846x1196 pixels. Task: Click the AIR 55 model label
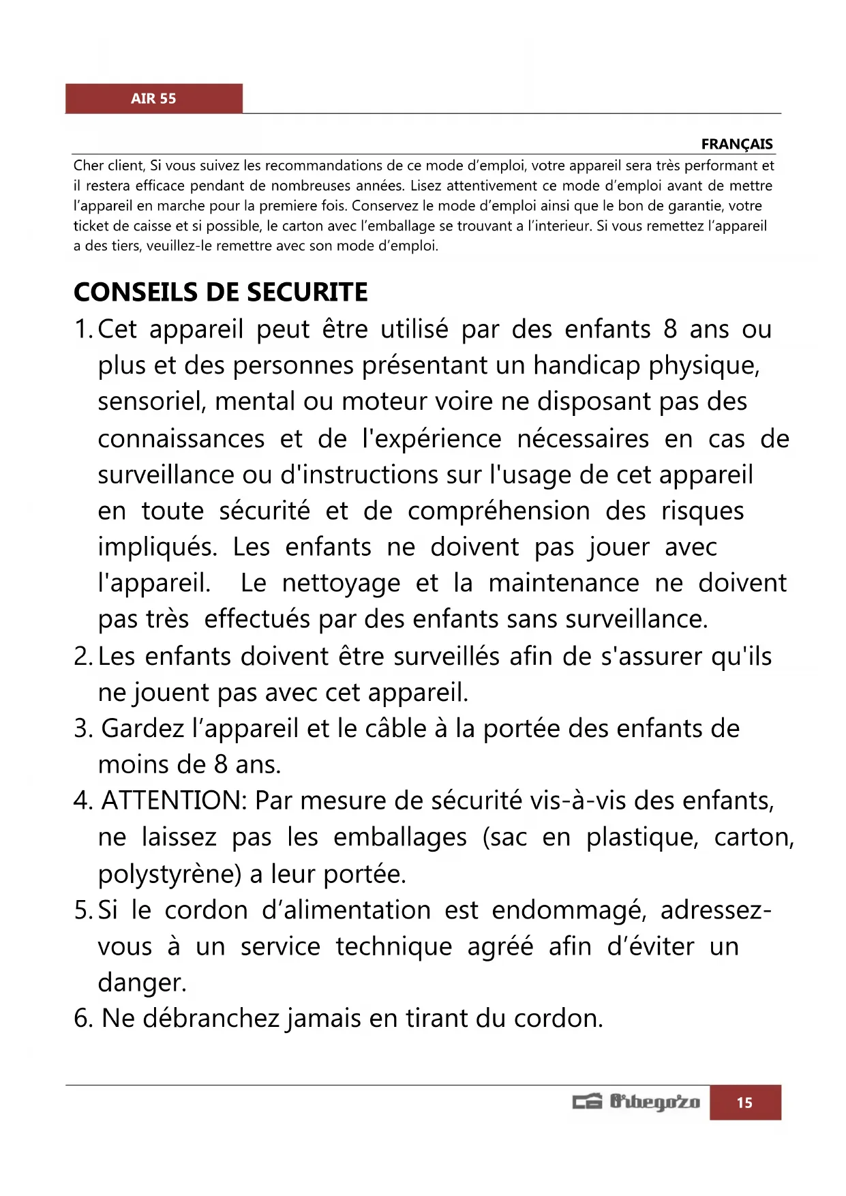pos(153,99)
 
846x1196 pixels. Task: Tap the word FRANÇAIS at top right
pos(736,145)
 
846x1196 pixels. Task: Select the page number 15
pos(744,1103)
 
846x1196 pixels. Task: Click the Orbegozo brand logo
pos(637,1102)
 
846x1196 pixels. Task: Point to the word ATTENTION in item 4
pos(174,801)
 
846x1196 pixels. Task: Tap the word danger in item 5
pos(142,983)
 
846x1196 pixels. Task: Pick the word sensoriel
pos(151,402)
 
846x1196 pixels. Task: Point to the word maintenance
pos(564,584)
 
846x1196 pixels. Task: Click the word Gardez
pos(142,729)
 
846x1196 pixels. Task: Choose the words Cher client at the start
pos(108,166)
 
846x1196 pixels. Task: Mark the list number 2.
pos(82,657)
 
